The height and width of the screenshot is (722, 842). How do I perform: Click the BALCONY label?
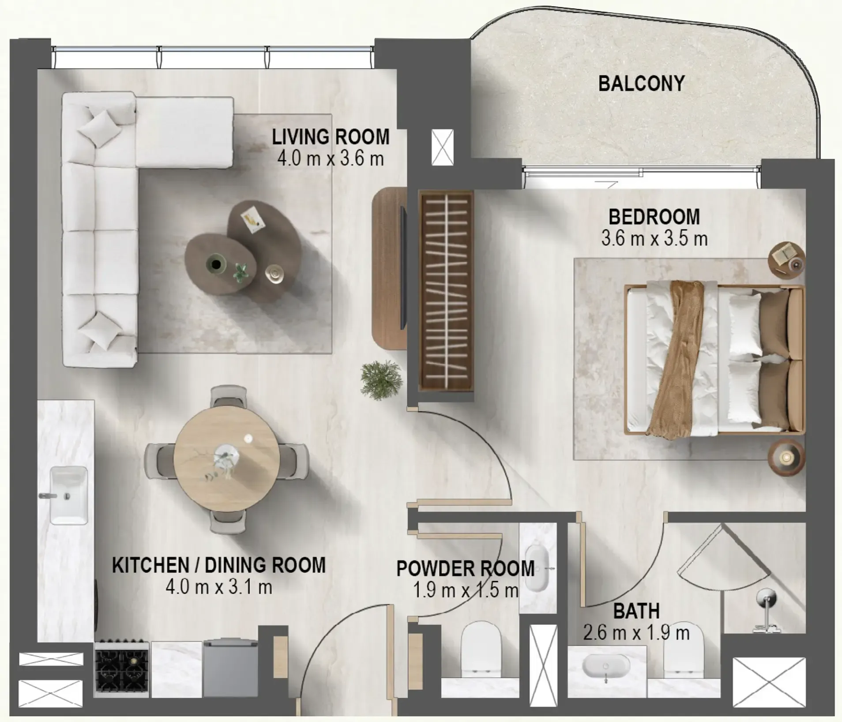point(641,84)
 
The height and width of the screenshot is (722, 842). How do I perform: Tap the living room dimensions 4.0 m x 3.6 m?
point(331,159)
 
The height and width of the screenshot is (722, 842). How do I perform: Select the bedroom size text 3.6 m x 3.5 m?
point(654,239)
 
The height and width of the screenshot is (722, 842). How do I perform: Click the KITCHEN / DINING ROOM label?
point(219,565)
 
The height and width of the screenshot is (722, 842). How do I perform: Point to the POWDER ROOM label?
point(465,568)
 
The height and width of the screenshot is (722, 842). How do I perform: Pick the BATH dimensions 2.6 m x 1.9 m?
point(636,633)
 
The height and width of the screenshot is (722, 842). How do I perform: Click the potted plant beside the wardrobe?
point(381,380)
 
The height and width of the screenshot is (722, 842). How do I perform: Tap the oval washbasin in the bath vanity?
point(605,666)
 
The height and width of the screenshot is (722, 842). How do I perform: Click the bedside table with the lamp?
point(786,458)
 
